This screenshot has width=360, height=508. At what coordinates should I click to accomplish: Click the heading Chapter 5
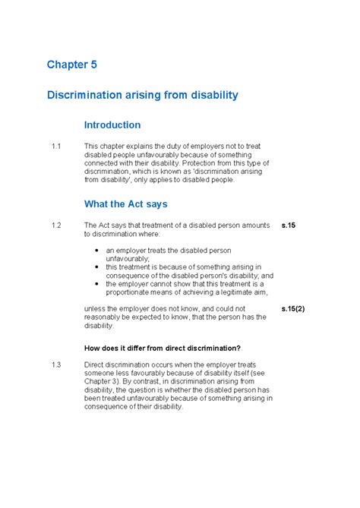(x=71, y=65)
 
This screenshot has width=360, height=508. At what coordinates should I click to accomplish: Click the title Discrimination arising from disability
(x=143, y=95)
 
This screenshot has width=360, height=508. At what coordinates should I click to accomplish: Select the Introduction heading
(x=112, y=125)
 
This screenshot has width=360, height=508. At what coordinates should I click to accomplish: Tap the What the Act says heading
(x=125, y=204)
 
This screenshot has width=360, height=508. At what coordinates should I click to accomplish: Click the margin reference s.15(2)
(x=292, y=309)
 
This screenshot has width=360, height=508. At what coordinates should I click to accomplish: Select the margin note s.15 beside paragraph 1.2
(x=288, y=226)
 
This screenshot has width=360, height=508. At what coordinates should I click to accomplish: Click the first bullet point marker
(x=96, y=250)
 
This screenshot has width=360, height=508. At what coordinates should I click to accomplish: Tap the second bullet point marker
(x=96, y=267)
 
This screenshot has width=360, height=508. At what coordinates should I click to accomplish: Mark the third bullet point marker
(x=96, y=283)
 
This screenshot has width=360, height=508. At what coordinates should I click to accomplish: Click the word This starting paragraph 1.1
(x=92, y=146)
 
